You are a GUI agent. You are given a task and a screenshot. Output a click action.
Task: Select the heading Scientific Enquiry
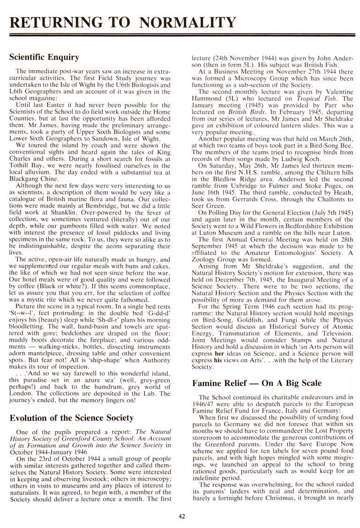[44, 58]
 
